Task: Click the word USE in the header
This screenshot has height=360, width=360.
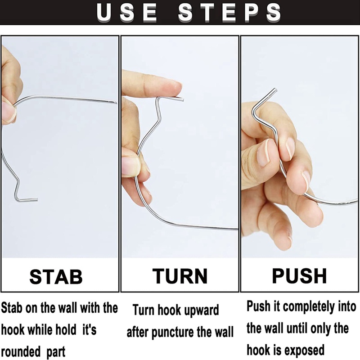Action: (126, 13)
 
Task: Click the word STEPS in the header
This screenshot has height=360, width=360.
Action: (229, 13)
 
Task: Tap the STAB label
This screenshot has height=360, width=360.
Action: (56, 277)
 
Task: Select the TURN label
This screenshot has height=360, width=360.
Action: (180, 276)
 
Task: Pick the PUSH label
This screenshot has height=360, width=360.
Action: (299, 276)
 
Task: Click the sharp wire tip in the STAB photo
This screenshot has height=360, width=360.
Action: (116, 103)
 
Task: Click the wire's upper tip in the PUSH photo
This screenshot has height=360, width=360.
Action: (275, 90)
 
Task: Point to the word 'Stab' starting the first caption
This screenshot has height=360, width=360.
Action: (12, 308)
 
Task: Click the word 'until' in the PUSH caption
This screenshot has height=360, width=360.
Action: (296, 328)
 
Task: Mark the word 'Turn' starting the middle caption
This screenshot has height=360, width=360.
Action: (143, 310)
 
